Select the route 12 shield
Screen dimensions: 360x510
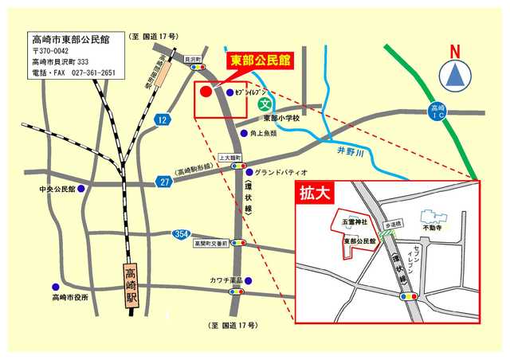(x=163, y=119)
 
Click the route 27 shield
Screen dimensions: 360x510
(x=165, y=182)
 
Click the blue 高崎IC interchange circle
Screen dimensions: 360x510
(x=437, y=111)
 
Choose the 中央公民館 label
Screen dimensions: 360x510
(x=62, y=190)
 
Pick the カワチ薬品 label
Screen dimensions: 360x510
(x=226, y=281)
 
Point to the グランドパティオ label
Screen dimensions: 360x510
(x=280, y=172)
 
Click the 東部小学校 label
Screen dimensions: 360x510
(x=281, y=118)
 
